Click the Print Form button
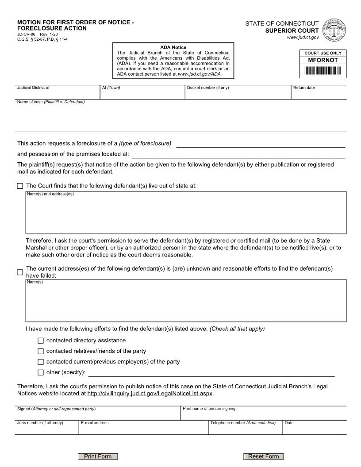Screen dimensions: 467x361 click(x=98, y=456)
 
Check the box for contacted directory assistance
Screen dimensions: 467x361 click(x=41, y=341)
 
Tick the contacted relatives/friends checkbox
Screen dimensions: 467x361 click(x=41, y=351)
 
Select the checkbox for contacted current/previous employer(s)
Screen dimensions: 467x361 click(x=41, y=362)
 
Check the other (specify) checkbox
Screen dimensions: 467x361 click(x=41, y=372)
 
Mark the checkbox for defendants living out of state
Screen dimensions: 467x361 click(x=20, y=186)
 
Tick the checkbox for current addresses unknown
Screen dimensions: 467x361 click(x=20, y=272)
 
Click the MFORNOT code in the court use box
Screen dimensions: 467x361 click(x=323, y=60)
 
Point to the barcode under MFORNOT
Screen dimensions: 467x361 click(x=323, y=70)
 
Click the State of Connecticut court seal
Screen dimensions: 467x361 click(x=335, y=30)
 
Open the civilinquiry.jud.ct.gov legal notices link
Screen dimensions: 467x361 click(x=150, y=393)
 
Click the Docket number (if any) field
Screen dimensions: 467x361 click(x=238, y=94)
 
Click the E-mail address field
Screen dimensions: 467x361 click(x=143, y=429)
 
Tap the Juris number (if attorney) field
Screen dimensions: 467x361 click(x=46, y=429)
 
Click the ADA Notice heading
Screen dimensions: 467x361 click(x=173, y=47)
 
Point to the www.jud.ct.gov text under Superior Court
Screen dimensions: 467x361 click(x=303, y=38)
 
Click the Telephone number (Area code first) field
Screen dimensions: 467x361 click(x=245, y=429)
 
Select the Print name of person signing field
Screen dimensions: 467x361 click(x=264, y=414)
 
